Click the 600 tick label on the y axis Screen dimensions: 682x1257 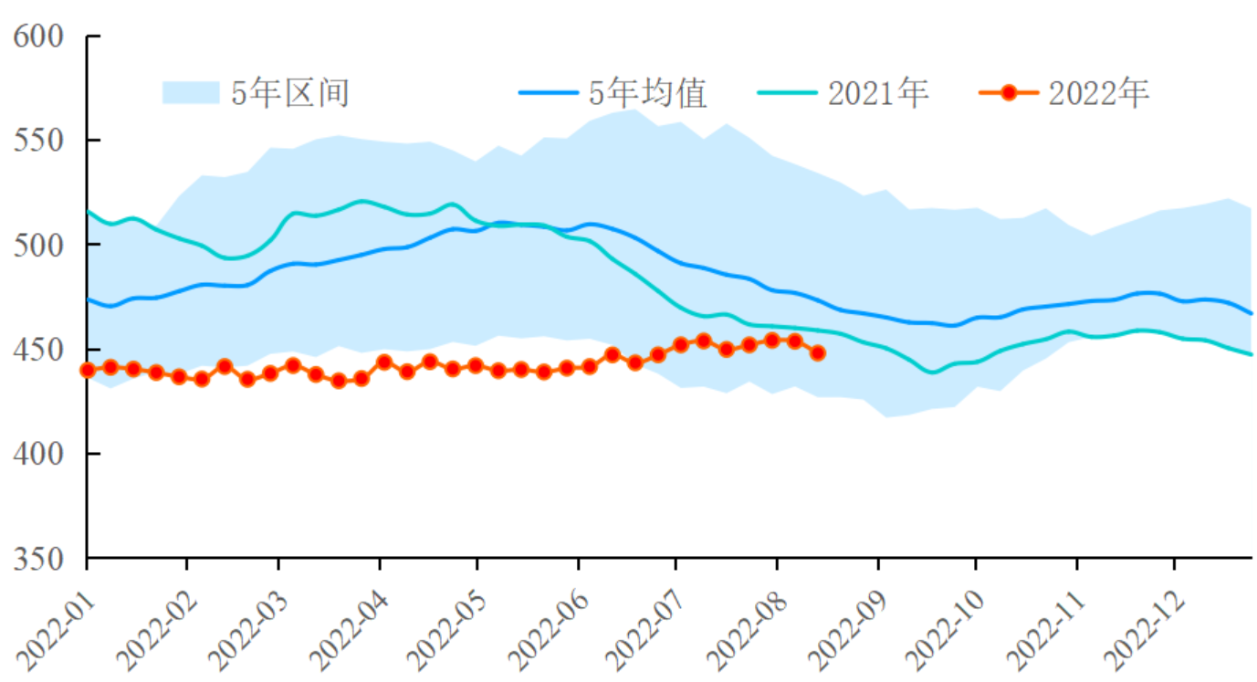click(39, 37)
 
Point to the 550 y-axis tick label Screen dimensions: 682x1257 click(39, 141)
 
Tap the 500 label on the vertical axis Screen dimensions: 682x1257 click(39, 245)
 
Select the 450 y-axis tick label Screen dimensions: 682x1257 click(39, 350)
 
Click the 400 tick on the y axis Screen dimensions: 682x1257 click(39, 454)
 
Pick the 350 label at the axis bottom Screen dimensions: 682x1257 click(39, 558)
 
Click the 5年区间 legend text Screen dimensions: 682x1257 click(290, 93)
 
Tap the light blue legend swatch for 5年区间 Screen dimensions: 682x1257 click(191, 93)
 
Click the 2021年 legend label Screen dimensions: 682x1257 click(878, 93)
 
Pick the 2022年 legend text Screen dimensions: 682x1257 click(1099, 93)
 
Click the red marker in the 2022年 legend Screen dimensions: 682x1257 click(1009, 93)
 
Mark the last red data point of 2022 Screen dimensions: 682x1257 click(818, 353)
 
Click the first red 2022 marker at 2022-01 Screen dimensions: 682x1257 click(88, 370)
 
